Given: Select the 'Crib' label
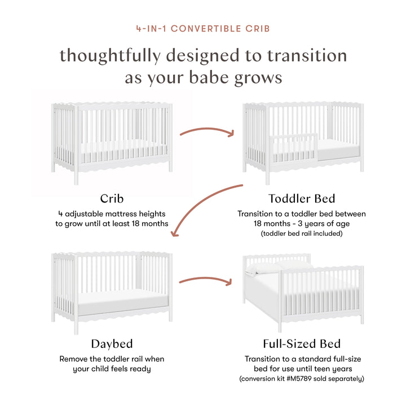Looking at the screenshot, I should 112,198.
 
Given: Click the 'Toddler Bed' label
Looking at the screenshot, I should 302,198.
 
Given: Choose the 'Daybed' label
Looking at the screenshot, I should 112,343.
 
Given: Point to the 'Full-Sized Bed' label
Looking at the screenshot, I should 302,343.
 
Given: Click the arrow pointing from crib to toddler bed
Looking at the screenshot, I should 206,133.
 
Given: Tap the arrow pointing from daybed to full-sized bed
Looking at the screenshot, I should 206,280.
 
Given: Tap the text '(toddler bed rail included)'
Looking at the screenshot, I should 302,233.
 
